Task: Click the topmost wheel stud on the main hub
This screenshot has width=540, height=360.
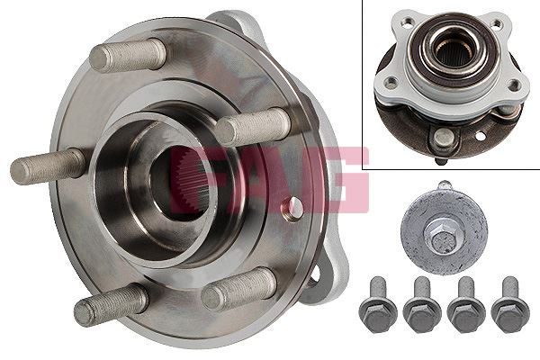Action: coord(128,55)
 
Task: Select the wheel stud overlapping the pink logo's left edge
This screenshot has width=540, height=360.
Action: coord(254,126)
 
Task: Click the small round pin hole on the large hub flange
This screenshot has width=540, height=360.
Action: coord(292,209)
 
